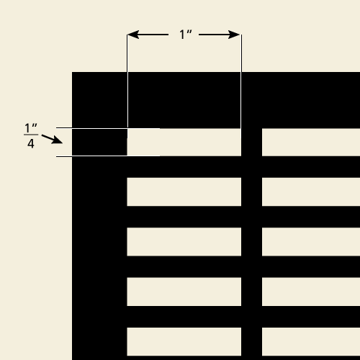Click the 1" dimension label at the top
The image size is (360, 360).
click(x=186, y=35)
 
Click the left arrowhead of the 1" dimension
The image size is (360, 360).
click(x=133, y=35)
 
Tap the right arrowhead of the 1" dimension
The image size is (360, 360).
click(x=234, y=35)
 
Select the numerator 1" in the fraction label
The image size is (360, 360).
click(x=31, y=128)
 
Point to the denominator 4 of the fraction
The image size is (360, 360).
click(x=31, y=144)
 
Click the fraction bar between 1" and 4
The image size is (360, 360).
click(x=31, y=135)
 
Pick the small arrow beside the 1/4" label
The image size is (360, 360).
click(x=52, y=139)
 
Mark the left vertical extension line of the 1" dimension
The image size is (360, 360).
click(x=127, y=81)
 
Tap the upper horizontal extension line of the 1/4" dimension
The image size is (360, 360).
click(x=108, y=128)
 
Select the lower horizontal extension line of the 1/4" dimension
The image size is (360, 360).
click(x=108, y=156)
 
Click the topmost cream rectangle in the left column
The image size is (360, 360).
click(x=184, y=143)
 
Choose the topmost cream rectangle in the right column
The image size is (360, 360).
click(x=311, y=143)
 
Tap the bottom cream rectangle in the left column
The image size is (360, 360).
click(x=184, y=341)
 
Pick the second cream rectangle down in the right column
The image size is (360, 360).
click(x=311, y=192)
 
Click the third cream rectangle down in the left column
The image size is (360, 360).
click(x=184, y=242)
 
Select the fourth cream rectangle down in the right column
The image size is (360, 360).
click(x=311, y=292)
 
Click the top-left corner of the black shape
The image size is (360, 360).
click(x=72, y=72)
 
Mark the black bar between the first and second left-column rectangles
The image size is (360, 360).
click(x=184, y=167)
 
